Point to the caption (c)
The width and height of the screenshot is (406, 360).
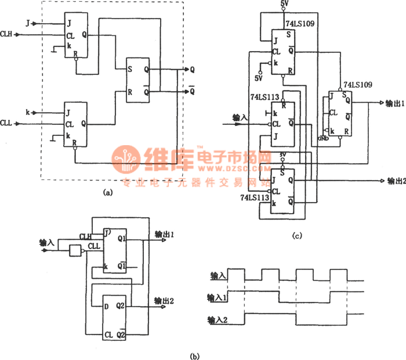(298, 235)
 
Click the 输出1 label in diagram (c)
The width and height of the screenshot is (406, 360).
(394, 103)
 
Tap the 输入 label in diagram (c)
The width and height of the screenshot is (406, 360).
(240, 117)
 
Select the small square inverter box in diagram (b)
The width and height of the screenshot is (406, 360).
(75, 251)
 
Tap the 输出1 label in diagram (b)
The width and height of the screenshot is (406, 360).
(165, 235)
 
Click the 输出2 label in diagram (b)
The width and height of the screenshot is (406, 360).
(165, 301)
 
